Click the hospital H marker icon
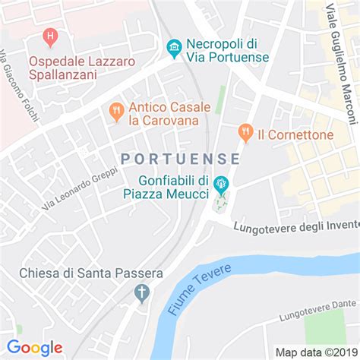pos(50,35)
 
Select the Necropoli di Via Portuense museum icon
pos(174,47)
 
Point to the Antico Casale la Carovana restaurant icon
pos(116,112)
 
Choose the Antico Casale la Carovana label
pos(164,113)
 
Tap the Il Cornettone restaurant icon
pos(245,133)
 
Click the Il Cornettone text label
pos(295,134)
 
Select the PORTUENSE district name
pos(180,159)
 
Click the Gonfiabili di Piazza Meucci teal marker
pos(221,183)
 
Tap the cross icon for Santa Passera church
pos(141,292)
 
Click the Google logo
pos(35,347)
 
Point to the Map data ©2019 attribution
pos(316,352)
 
